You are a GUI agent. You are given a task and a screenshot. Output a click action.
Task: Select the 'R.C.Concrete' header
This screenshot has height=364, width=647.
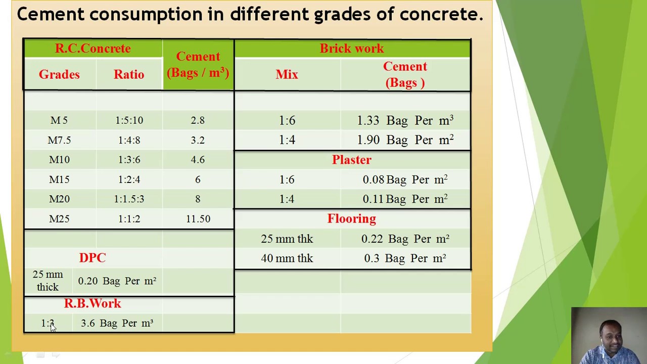(93, 49)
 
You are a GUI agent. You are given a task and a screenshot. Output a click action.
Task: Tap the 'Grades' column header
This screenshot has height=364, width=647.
(59, 74)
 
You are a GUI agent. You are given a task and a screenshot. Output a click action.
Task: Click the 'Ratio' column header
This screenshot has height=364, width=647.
(129, 74)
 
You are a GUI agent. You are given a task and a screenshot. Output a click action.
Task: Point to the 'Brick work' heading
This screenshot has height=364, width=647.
(352, 49)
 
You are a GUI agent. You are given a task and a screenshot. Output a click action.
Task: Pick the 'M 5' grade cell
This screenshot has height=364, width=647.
(59, 120)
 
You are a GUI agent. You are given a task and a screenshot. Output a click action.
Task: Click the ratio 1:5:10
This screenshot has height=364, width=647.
(129, 120)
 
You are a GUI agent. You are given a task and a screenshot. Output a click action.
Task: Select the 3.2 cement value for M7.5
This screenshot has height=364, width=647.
(198, 140)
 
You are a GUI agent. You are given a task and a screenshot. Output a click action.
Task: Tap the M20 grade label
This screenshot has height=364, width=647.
(59, 199)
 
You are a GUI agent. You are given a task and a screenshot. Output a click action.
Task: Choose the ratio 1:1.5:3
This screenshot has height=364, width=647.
(129, 199)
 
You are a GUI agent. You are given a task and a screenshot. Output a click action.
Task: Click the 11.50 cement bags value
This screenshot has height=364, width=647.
(198, 219)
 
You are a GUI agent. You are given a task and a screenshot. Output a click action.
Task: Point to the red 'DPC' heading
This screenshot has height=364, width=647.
(93, 258)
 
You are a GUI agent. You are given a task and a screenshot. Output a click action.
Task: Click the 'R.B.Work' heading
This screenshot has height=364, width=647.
(93, 303)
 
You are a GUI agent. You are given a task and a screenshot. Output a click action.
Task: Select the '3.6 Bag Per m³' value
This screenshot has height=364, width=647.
(117, 323)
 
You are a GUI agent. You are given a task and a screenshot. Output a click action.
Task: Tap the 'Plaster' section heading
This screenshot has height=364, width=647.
(352, 160)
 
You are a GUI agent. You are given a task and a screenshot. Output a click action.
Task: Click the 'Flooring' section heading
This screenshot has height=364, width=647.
(352, 219)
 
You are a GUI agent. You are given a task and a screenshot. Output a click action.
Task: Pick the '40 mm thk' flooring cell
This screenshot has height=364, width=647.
(287, 258)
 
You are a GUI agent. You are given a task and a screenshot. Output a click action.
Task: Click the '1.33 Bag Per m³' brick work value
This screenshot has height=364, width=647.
(405, 120)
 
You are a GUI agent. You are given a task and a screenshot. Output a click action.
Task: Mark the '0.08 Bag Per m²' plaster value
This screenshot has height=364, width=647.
(405, 179)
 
